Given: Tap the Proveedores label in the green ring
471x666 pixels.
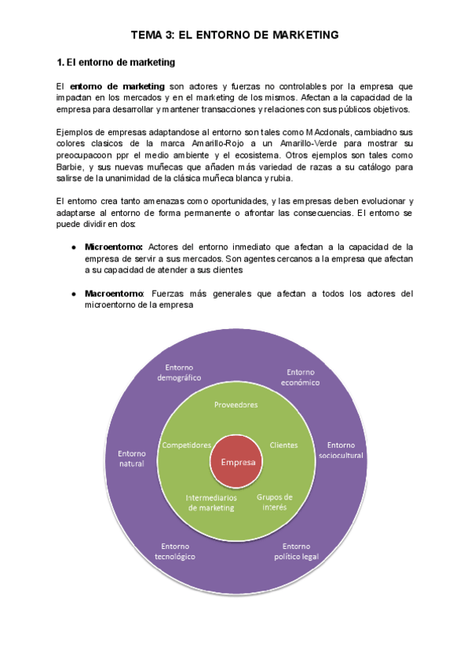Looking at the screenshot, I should click(x=236, y=404).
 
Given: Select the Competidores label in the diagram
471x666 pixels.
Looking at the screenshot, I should click(x=187, y=445).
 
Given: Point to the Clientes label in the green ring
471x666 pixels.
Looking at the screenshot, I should click(x=283, y=445).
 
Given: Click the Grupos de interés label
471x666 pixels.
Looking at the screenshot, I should click(x=275, y=502).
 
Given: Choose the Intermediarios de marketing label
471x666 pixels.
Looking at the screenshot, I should click(x=210, y=503).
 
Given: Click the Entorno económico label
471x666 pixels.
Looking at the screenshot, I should click(x=301, y=377).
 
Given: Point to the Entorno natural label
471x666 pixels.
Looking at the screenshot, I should click(x=131, y=458).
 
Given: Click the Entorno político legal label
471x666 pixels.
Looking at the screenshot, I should click(x=296, y=551).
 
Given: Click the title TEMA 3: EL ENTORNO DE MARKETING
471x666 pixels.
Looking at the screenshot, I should click(x=235, y=35).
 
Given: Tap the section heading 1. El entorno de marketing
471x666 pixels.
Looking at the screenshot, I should click(x=116, y=61).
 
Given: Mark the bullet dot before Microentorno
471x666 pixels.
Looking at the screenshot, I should click(x=73, y=247).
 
